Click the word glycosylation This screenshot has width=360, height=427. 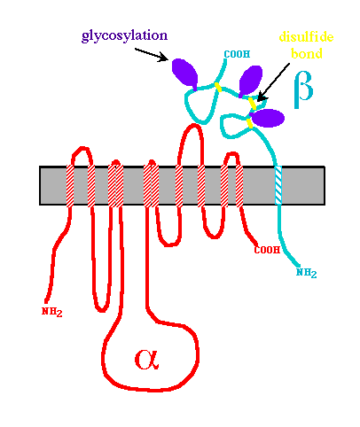(x=124, y=36)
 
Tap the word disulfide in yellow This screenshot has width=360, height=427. (x=306, y=37)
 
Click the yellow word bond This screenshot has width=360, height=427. (x=307, y=53)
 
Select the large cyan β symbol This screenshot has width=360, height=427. (x=303, y=89)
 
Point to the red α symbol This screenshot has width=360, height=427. (x=147, y=359)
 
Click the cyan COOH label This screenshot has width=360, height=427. (x=237, y=54)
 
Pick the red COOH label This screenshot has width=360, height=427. (x=267, y=250)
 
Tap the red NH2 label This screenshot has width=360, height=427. (x=52, y=312)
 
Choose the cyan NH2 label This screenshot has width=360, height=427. (x=307, y=273)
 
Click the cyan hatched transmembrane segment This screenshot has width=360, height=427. (x=278, y=185)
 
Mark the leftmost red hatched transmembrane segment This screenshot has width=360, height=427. (x=70, y=186)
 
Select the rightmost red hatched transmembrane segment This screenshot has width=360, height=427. (x=239, y=186)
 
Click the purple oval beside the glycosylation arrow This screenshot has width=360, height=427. (x=185, y=74)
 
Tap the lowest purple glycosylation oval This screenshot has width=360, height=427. (x=268, y=118)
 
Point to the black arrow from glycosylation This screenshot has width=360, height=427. (x=152, y=55)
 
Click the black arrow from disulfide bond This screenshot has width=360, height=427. (x=273, y=82)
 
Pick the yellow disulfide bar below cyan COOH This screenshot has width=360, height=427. (x=218, y=87)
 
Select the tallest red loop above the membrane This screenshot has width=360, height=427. (x=192, y=144)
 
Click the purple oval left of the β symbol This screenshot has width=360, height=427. (x=251, y=81)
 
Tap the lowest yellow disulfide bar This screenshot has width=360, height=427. (x=250, y=123)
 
